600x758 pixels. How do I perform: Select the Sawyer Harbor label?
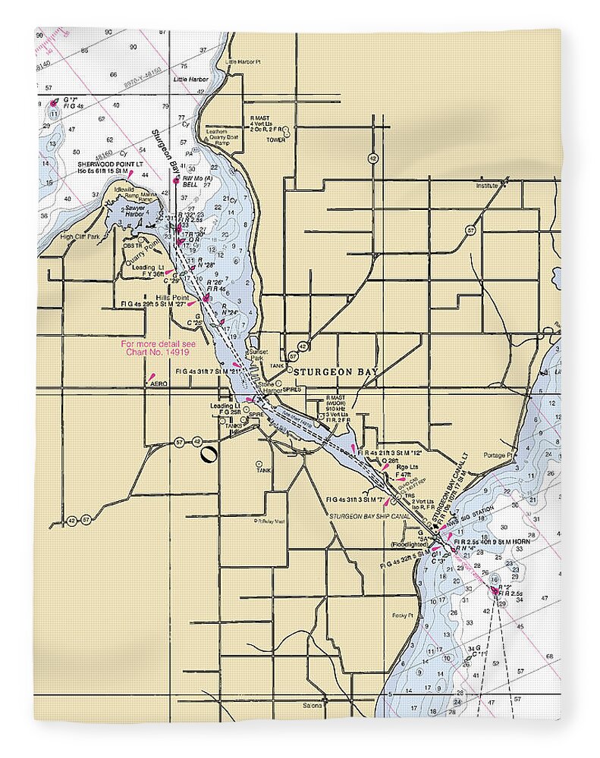click(x=134, y=211)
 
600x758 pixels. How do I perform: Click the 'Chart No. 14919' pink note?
click(x=159, y=348)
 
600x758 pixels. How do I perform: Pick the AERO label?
click(x=159, y=384)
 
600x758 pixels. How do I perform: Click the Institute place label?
click(x=487, y=185)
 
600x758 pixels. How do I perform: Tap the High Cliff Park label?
click(x=80, y=237)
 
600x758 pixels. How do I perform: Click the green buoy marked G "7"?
click(x=53, y=103)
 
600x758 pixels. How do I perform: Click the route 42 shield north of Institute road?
click(x=372, y=158)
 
